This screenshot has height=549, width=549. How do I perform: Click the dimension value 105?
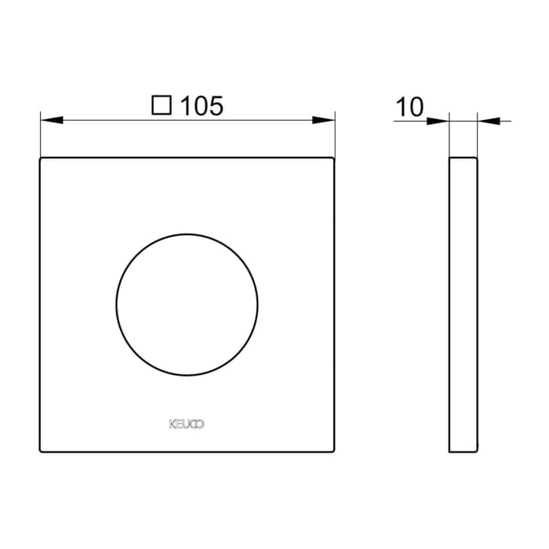point(202,105)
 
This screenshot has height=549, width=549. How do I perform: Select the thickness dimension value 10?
point(409,107)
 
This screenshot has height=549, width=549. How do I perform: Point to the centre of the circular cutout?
point(187,304)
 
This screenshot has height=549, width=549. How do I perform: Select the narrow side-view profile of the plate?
point(463,304)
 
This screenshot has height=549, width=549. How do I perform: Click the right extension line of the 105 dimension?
point(335,137)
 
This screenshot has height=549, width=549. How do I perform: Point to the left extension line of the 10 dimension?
point(449,137)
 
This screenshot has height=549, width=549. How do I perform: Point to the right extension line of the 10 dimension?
point(477,137)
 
